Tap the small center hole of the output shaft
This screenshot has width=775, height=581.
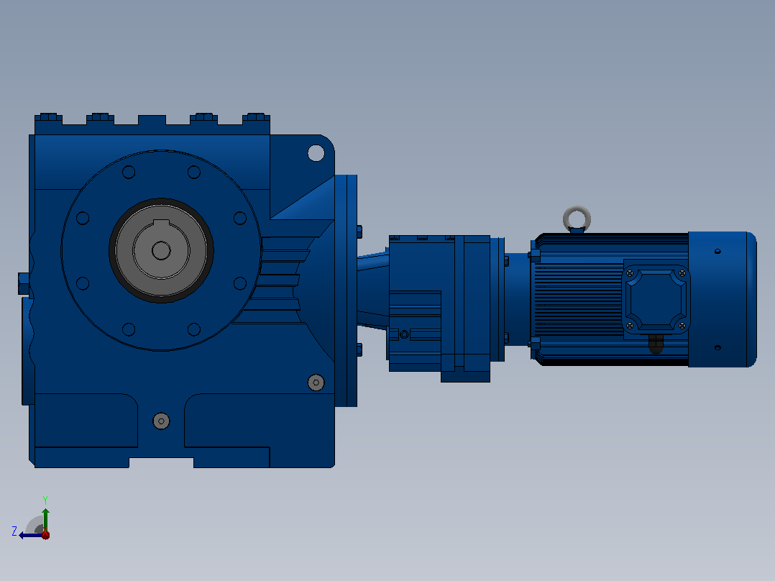161,251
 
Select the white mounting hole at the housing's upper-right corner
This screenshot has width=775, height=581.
316,153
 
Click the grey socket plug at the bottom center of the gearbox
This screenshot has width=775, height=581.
161,421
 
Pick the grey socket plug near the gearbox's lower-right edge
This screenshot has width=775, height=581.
316,383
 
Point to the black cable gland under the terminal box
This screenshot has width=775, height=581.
656,344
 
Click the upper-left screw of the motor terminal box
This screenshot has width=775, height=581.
630,273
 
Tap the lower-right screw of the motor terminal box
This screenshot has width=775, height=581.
682,325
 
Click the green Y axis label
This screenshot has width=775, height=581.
45,500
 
